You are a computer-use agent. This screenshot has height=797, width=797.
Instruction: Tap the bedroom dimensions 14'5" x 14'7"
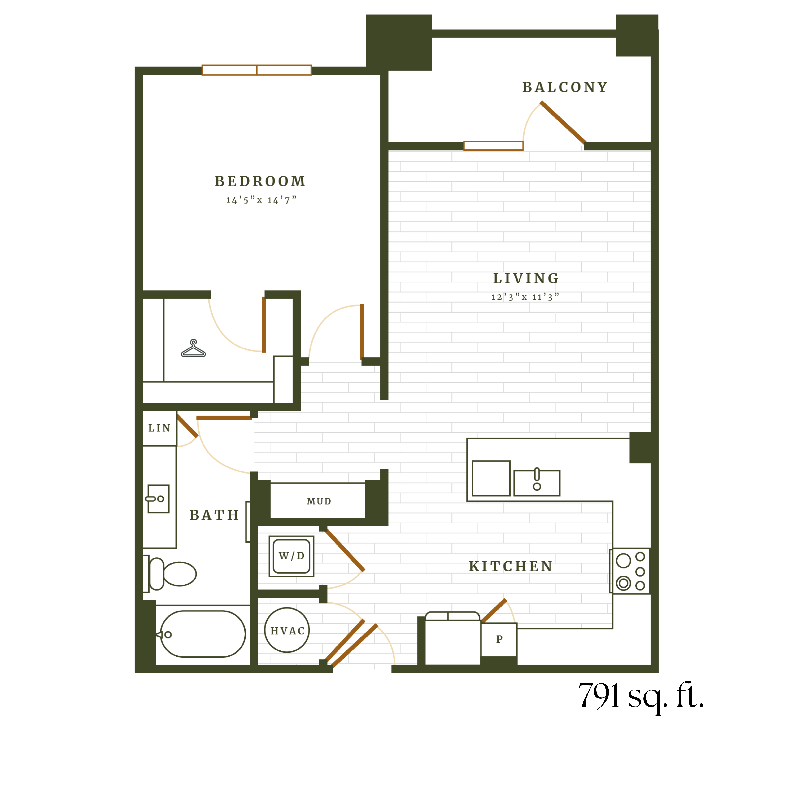(261, 200)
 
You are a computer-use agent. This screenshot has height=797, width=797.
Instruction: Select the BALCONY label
(565, 87)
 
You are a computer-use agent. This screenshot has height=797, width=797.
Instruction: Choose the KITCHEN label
(511, 566)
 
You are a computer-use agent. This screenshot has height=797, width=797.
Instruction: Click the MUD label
(319, 501)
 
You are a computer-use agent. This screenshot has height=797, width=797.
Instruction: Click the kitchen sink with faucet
(537, 482)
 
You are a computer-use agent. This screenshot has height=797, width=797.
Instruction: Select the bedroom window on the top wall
(257, 70)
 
